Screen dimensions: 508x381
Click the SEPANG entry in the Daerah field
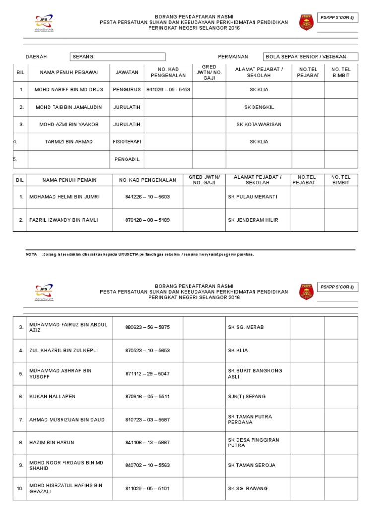[83, 57]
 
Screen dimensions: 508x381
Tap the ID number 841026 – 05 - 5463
[168, 90]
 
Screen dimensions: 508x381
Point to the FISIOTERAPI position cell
[127, 142]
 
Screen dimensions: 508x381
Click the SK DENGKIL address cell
[258, 107]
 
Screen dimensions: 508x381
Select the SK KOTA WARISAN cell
[258, 124]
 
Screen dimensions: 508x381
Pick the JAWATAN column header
[127, 73]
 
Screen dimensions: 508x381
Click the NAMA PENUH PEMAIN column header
[69, 180]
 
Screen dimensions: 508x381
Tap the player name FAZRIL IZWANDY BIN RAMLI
[63, 220]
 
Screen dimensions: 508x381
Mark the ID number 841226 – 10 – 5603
[147, 197]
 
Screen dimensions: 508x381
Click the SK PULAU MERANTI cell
[253, 197]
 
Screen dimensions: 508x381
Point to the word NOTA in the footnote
[31, 254]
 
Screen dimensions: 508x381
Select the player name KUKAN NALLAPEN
[52, 397]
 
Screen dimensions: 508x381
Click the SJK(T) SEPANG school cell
[247, 397]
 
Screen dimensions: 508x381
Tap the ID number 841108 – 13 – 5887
[147, 442]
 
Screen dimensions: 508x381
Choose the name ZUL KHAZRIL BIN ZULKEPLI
[63, 351]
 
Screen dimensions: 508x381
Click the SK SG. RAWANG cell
[248, 489]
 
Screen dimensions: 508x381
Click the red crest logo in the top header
[306, 22]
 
